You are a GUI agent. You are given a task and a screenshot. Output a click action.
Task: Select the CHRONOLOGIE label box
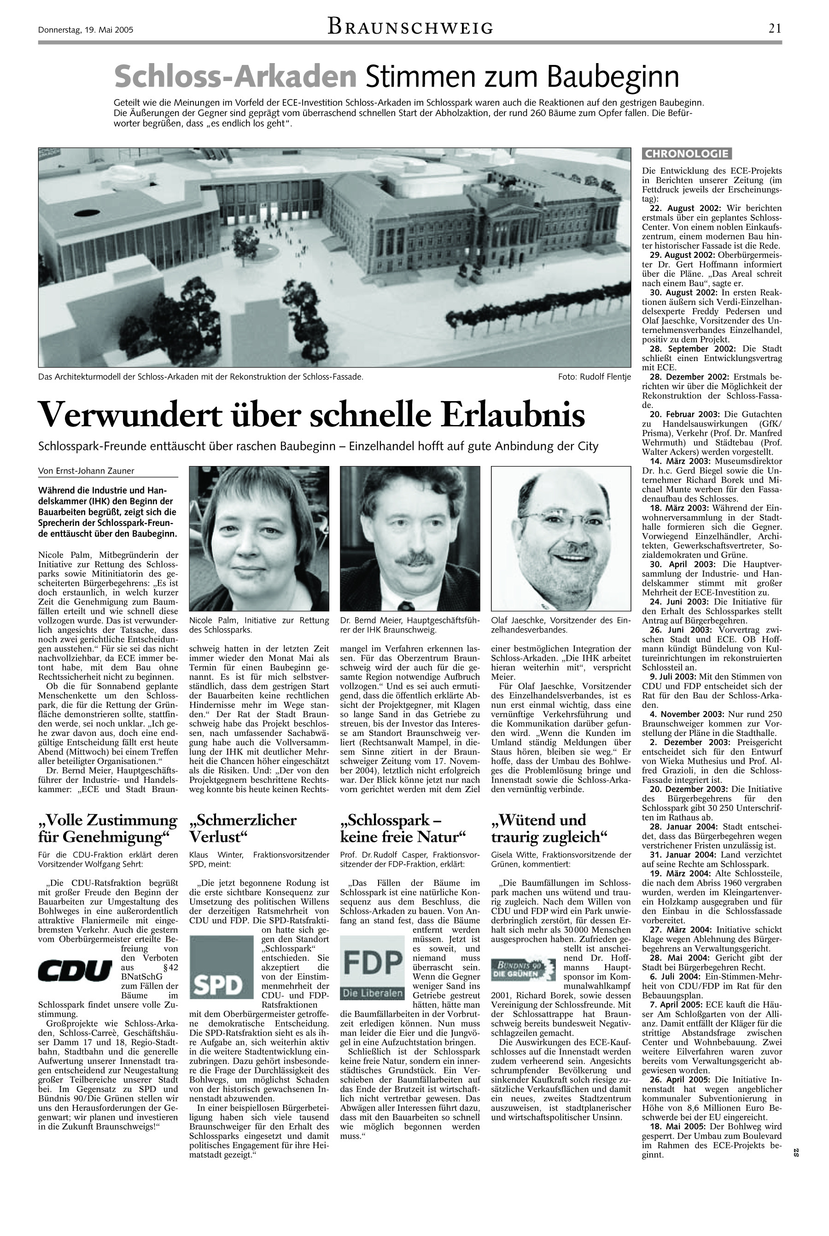pos(686,154)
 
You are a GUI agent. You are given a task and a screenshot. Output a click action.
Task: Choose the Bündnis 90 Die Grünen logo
pos(523,969)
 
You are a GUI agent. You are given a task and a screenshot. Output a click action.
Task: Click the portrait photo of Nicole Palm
pos(259,538)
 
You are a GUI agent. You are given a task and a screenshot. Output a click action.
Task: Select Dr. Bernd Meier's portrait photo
pos(410,538)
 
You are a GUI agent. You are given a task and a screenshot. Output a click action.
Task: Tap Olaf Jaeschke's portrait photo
pos(561,538)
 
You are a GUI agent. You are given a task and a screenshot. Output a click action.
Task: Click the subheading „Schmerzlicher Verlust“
pos(243,828)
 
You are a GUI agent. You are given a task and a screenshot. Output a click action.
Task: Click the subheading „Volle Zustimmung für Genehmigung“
pos(107,828)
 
